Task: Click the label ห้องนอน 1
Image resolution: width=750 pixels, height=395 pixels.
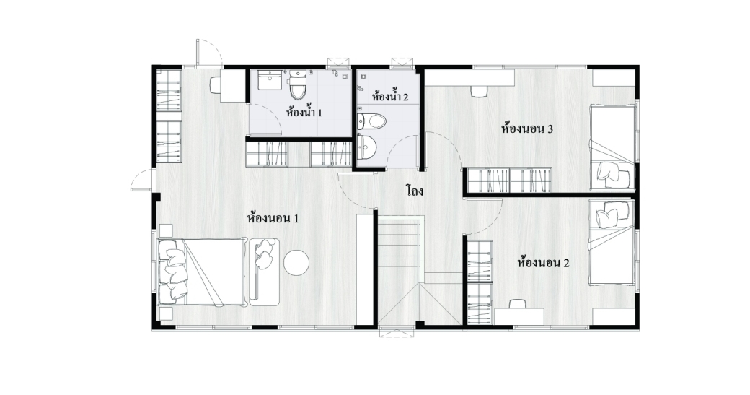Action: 273,219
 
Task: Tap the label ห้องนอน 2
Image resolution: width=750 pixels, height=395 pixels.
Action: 543,263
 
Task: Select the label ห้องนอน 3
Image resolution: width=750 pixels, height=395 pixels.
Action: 527,129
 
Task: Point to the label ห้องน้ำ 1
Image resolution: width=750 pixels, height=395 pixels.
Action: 304,113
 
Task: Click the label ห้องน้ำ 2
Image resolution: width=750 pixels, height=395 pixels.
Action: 390,96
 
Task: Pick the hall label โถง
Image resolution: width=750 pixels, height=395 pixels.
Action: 415,191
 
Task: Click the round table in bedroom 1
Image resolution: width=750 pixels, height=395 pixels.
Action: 296,263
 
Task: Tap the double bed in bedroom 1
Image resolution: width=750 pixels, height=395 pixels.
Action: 201,272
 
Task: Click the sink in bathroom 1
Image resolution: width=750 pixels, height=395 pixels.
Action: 270,80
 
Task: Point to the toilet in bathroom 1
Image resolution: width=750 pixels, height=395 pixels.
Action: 297,84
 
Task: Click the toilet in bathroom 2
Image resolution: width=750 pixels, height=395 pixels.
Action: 371,121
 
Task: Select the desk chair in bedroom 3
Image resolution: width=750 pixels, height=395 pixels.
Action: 480,91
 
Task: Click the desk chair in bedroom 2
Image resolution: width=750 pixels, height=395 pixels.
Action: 518,303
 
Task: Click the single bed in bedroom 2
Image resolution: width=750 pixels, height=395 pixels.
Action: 613,243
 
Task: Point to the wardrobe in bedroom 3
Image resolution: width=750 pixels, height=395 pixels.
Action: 509,180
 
